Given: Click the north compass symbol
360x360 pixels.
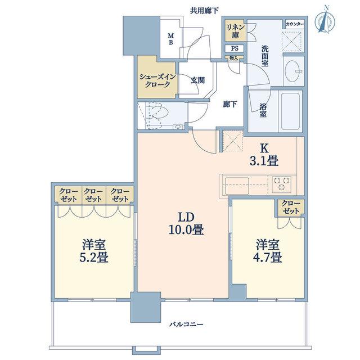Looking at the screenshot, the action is [325, 21].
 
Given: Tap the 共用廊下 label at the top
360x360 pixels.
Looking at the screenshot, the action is [204, 11].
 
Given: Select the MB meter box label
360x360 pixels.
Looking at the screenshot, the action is [171, 39].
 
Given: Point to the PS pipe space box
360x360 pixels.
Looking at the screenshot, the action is [235, 48].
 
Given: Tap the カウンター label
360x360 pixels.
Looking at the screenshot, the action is [295, 24].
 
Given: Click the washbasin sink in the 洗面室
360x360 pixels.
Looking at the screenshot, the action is [294, 71].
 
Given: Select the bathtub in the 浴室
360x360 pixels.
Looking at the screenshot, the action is [291, 111].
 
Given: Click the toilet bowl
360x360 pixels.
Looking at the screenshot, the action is [158, 113].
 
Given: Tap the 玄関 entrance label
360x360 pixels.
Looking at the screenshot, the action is [197, 80].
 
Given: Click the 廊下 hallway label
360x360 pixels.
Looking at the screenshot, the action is [230, 104].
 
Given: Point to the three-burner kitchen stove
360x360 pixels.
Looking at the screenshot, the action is [282, 184].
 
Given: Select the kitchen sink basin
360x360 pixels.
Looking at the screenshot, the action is [237, 185].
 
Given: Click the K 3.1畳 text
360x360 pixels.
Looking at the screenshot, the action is [264, 155].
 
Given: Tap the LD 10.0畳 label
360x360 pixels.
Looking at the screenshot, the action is [186, 223].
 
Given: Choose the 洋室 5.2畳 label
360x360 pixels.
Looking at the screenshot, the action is [94, 251].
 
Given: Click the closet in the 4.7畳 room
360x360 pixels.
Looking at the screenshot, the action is [291, 208].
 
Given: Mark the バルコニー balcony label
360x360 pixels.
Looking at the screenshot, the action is [186, 325].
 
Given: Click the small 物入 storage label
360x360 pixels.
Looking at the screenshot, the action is [234, 58].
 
